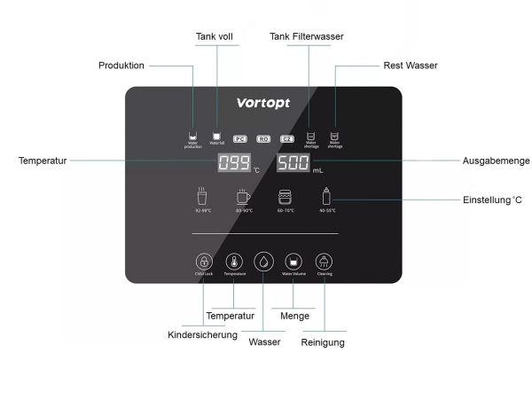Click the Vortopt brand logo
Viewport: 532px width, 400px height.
click(x=264, y=102)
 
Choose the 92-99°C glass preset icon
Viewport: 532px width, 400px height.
click(x=204, y=196)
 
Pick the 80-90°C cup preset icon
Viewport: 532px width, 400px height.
click(x=244, y=196)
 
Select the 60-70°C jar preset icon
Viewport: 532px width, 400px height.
click(x=286, y=197)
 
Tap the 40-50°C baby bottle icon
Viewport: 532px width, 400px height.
click(x=326, y=196)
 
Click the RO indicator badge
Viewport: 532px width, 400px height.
click(x=263, y=138)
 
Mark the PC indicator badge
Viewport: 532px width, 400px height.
click(x=239, y=138)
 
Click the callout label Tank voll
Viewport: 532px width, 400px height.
click(x=214, y=36)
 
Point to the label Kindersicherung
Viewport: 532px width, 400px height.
click(x=203, y=335)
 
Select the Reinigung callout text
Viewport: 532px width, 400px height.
click(x=323, y=342)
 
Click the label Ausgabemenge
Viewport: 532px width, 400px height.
click(x=497, y=161)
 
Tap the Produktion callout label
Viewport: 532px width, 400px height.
click(x=121, y=66)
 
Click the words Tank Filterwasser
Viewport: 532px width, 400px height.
click(x=307, y=36)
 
